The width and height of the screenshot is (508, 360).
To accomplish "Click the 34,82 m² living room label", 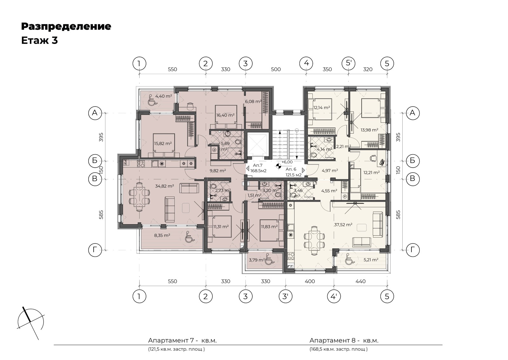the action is click(x=164, y=186).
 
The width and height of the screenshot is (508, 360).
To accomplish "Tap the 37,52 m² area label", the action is click(x=343, y=225).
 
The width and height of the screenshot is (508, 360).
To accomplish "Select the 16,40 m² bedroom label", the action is click(x=225, y=115).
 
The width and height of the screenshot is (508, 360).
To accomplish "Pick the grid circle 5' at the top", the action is click(x=349, y=63).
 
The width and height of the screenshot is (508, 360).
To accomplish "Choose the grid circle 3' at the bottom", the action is click(x=285, y=296).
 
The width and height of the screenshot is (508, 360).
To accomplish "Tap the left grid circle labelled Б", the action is click(x=95, y=161).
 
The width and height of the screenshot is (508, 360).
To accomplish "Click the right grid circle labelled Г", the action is click(x=412, y=250).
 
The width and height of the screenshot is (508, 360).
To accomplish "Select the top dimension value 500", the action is click(x=276, y=69).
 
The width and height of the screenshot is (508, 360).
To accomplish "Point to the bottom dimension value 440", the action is click(x=361, y=281).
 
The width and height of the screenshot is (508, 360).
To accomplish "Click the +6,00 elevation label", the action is click(x=287, y=162).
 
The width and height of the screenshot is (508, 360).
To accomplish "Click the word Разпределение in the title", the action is click(x=66, y=26).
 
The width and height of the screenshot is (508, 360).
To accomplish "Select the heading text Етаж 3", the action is click(x=39, y=40).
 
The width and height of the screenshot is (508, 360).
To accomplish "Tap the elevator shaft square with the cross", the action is click(x=257, y=143).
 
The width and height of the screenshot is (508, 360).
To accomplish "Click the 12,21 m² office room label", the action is click(x=371, y=172).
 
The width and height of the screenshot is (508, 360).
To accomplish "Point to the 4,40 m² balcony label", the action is click(x=164, y=96).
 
